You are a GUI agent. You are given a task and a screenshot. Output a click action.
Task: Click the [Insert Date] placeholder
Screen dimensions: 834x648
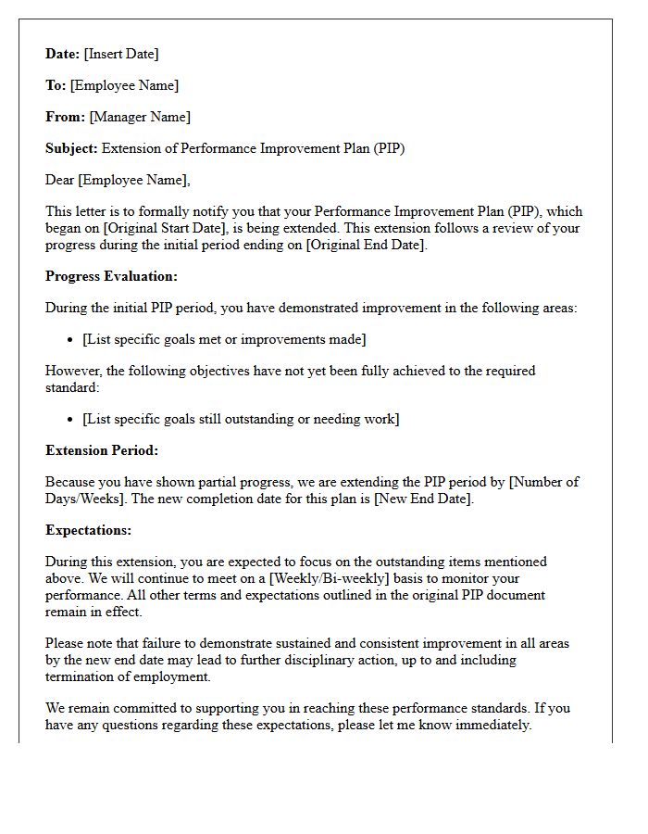tap(121, 54)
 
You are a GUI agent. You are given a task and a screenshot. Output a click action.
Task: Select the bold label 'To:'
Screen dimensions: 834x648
tap(56, 85)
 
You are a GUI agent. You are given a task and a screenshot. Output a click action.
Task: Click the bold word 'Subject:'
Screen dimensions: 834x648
tap(71, 148)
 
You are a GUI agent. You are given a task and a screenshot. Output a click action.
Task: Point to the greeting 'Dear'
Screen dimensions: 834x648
tap(61, 180)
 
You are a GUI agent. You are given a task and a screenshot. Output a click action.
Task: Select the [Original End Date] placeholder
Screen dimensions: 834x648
tap(366, 245)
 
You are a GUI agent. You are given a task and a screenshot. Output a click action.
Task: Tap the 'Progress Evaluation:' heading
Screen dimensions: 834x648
tap(111, 276)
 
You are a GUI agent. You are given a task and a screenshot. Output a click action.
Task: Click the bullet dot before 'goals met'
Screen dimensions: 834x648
tap(70, 340)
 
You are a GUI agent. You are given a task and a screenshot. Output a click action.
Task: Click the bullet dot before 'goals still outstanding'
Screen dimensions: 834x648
tap(70, 420)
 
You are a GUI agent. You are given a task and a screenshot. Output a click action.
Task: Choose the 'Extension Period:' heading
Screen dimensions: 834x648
tap(102, 450)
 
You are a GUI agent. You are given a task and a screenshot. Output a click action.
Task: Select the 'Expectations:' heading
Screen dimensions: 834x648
tap(88, 530)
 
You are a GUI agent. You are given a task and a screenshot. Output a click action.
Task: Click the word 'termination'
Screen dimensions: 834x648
tap(82, 676)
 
